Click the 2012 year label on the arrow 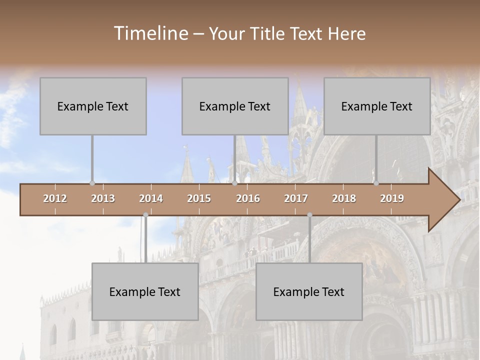click(55, 198)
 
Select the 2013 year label click(103, 198)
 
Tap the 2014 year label click(151, 198)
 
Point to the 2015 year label click(199, 198)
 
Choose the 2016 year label click(248, 198)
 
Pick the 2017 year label click(296, 198)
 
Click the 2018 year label click(344, 198)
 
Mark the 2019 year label click(392, 198)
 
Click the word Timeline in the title click(150, 33)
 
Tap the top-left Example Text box click(93, 106)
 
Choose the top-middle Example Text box click(235, 106)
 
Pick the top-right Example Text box click(377, 106)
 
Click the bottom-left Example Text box click(145, 291)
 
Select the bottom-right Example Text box click(309, 291)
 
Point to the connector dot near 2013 click(92, 183)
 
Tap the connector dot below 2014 click(145, 215)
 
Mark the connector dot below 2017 click(309, 215)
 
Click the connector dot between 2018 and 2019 click(376, 183)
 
